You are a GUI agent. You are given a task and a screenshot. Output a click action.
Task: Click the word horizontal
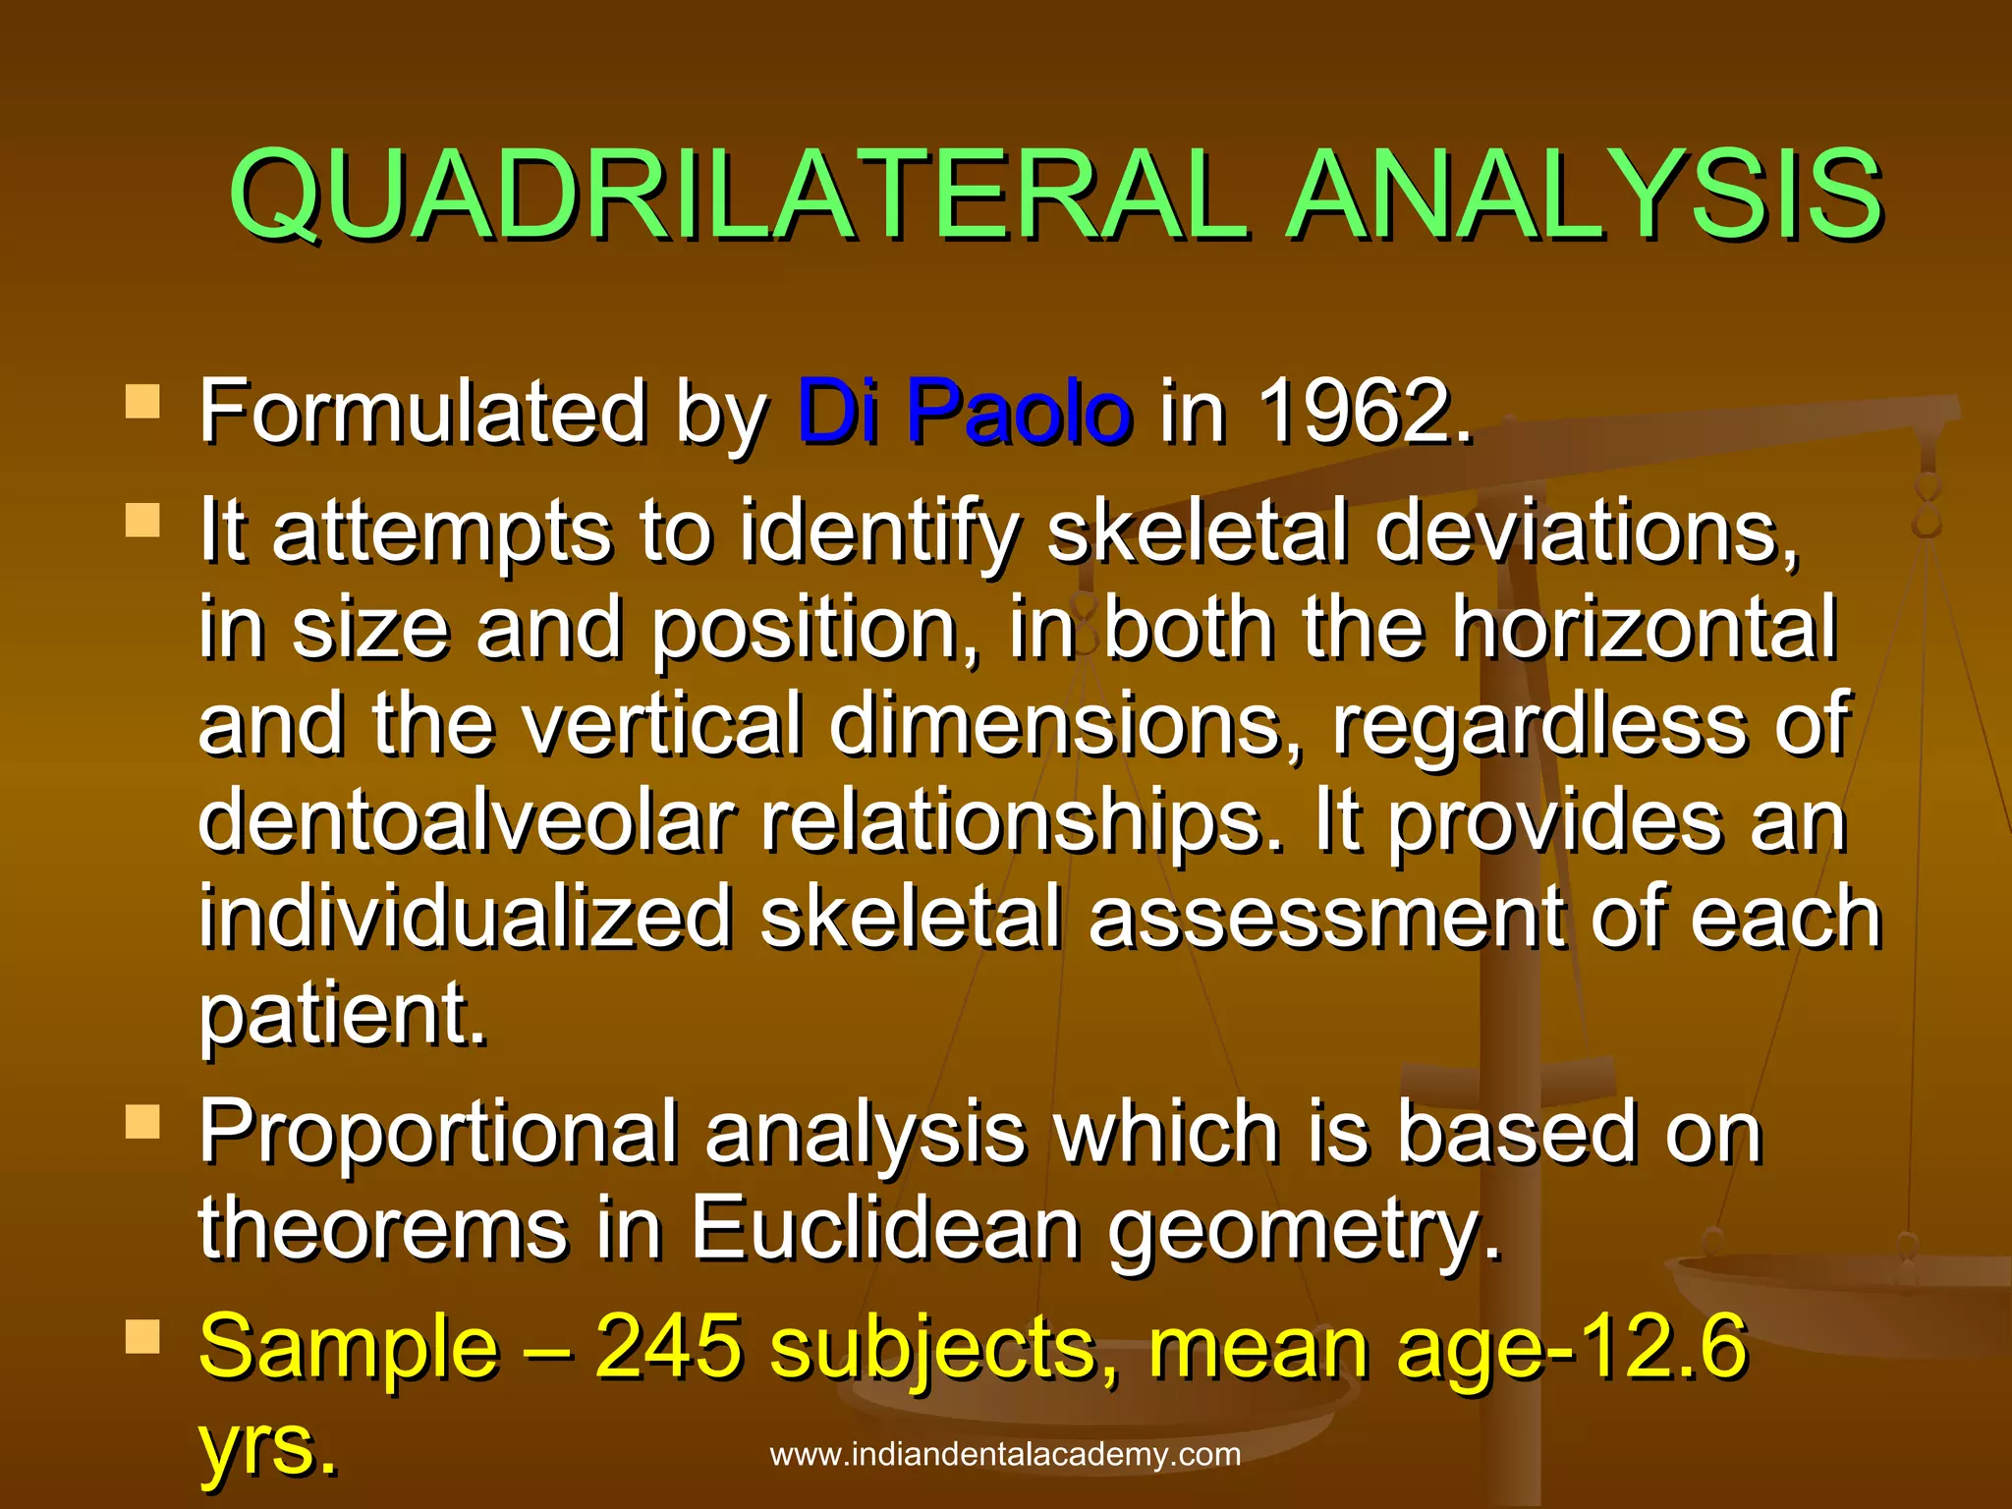[1644, 628]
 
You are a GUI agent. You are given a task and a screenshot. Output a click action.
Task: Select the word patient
[342, 1014]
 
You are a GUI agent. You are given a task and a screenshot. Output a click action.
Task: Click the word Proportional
[438, 1133]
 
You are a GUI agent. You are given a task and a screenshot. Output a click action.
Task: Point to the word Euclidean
[884, 1229]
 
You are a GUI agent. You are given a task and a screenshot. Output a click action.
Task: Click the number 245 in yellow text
[668, 1347]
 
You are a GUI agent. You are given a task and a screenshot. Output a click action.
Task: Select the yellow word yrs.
[267, 1445]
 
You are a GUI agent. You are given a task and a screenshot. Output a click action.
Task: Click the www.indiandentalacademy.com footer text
[1005, 1454]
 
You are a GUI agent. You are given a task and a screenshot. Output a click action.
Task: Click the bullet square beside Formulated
[143, 402]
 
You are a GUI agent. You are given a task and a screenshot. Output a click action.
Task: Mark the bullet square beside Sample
[143, 1337]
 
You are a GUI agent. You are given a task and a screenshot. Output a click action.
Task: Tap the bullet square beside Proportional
[143, 1121]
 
